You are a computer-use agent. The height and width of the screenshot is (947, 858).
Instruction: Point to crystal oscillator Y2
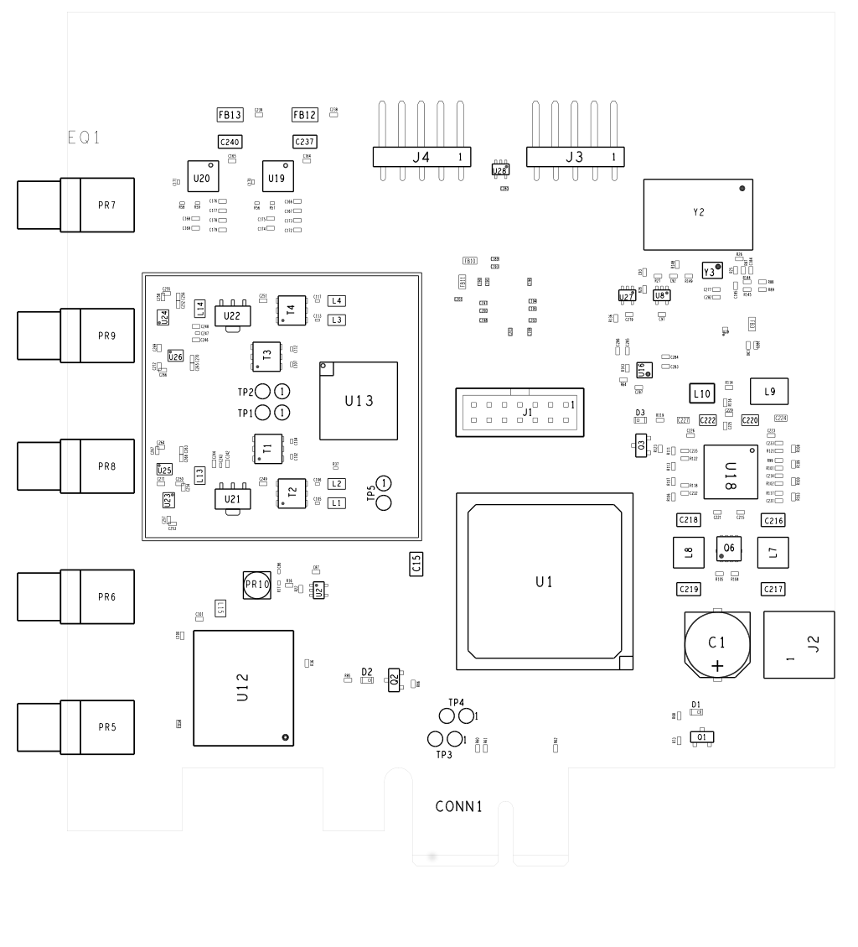click(698, 214)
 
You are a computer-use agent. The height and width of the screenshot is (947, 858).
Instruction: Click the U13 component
click(358, 401)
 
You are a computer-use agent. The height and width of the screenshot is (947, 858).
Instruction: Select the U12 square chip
click(243, 688)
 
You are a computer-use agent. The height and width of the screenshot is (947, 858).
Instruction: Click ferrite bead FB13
click(230, 115)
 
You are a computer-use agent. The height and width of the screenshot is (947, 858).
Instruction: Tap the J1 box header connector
click(519, 411)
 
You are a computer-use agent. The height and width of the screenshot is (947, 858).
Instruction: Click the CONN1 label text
click(459, 807)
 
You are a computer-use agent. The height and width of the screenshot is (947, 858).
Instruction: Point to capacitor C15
click(416, 564)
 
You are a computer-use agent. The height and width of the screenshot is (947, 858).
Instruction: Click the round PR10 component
click(256, 585)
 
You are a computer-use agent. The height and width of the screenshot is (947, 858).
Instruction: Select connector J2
click(799, 644)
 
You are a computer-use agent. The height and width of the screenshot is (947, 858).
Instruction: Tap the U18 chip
click(731, 476)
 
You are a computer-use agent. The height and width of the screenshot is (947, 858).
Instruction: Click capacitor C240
click(230, 142)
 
